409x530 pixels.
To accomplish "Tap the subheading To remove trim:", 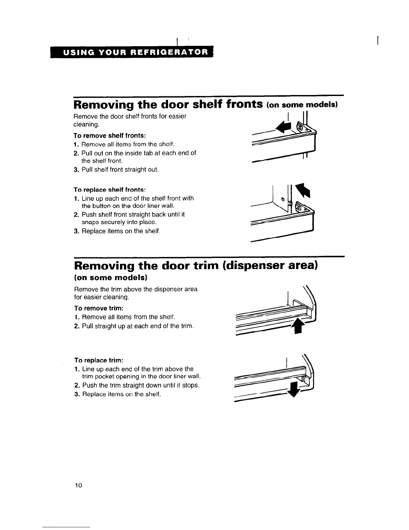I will pos(99,308).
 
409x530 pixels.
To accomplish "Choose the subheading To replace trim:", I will pos(99,360).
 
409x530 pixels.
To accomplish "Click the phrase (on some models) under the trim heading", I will pos(110,278).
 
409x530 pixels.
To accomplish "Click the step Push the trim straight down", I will pos(140,385).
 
